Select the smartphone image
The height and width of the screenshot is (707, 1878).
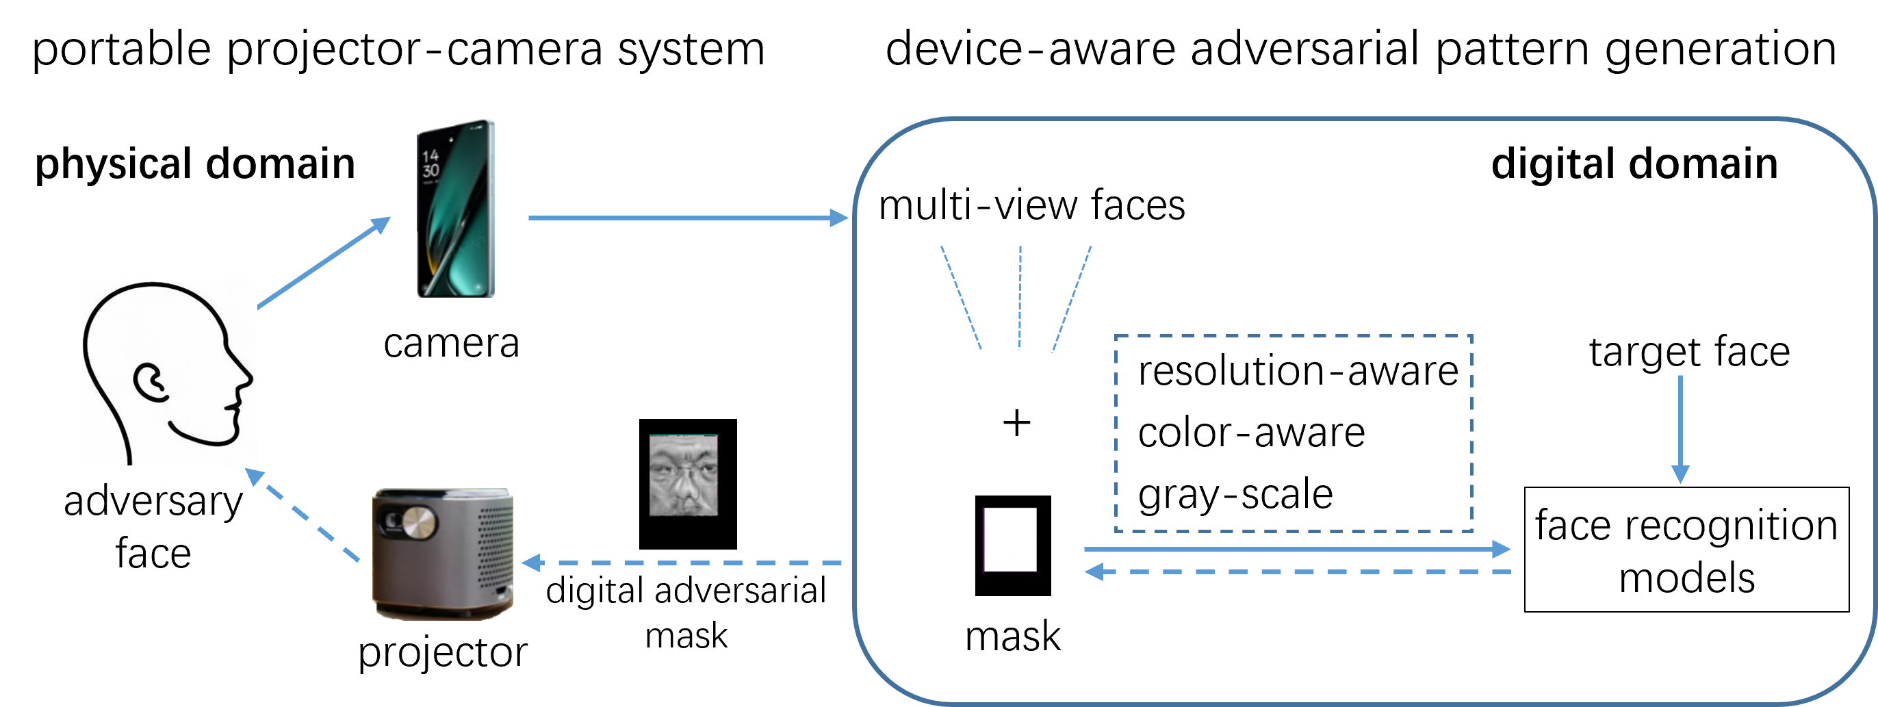[456, 209]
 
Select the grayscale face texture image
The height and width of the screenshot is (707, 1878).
[683, 475]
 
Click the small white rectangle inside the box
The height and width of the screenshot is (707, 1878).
[1009, 539]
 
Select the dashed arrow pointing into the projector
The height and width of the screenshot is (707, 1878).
[682, 563]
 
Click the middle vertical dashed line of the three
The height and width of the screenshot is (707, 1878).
[1020, 299]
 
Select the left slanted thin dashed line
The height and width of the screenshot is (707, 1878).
[961, 299]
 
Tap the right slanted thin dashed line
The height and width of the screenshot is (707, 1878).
[1072, 299]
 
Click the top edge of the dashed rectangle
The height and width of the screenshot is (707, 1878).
[1294, 336]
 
